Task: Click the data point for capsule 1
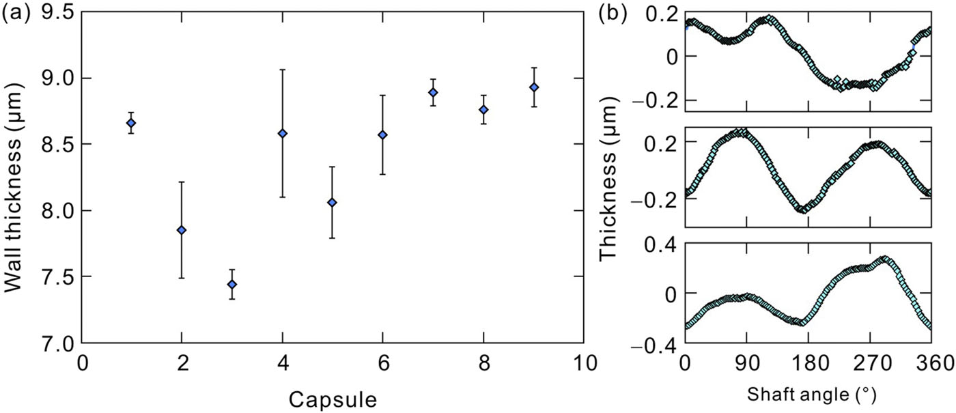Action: (130, 123)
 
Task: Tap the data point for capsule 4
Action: (282, 133)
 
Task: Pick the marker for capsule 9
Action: (534, 87)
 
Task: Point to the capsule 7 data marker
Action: (433, 92)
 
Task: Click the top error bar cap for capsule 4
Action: (282, 70)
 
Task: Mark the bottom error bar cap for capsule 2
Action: (181, 278)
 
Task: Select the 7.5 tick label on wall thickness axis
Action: (59, 277)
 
